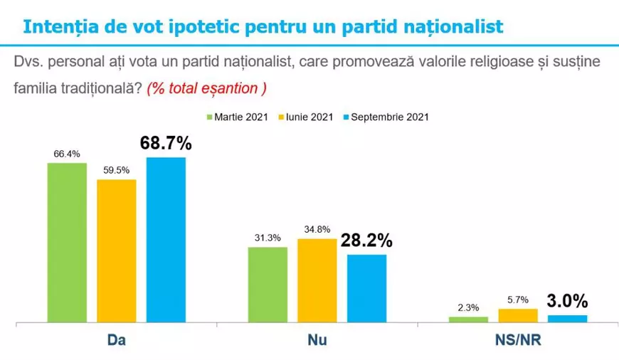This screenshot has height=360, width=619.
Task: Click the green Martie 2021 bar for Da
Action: [x=67, y=242]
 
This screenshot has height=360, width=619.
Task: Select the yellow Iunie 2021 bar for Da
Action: [x=117, y=250]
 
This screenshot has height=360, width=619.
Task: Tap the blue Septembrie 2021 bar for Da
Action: [x=166, y=239]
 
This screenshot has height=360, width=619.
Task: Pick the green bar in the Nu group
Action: [x=268, y=285]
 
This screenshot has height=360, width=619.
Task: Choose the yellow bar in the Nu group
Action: [x=317, y=280]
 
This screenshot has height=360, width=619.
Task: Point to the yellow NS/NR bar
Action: [x=518, y=315]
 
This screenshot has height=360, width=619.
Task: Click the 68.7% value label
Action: [x=166, y=143]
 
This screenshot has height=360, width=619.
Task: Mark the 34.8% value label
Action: [x=317, y=230]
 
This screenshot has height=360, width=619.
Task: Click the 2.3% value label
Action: [x=468, y=308]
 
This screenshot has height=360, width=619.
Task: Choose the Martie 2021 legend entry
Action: [x=237, y=117]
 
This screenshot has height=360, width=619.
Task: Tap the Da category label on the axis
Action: [x=116, y=342]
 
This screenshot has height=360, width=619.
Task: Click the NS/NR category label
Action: [x=518, y=342]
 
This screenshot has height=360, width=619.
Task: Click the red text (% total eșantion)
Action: [x=206, y=89]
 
